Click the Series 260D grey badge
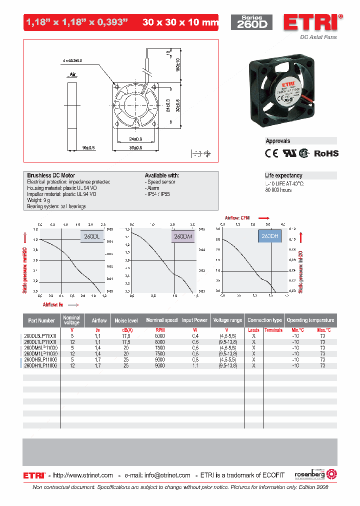click(251, 22)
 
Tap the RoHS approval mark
click(326, 153)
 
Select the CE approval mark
click(271, 153)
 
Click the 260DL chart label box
click(92, 237)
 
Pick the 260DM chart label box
click(183, 237)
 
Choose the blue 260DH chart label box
click(269, 235)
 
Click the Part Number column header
click(41, 320)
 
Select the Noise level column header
click(126, 320)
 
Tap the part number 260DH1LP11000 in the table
click(40, 365)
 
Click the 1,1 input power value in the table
click(194, 365)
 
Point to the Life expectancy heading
click(283, 175)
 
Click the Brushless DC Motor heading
click(51, 175)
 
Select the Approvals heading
click(278, 141)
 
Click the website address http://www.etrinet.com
click(83, 475)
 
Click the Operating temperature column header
click(310, 320)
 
